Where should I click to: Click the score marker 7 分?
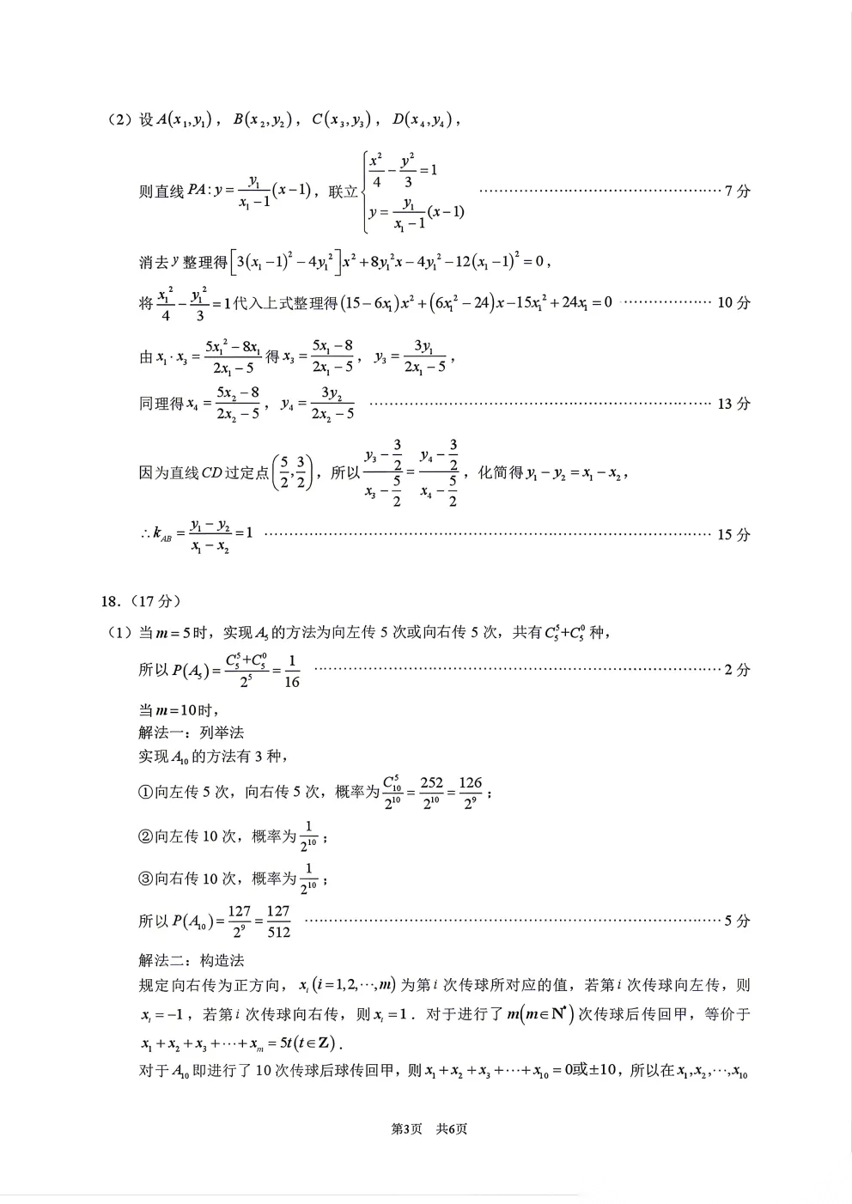pyautogui.click(x=737, y=191)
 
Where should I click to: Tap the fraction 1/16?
pyautogui.click(x=291, y=671)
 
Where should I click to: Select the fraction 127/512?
pyautogui.click(x=278, y=921)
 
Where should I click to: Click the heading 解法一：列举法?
pyautogui.click(x=191, y=733)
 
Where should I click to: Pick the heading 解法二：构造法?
pyautogui.click(x=191, y=960)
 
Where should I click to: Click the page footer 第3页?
pyautogui.click(x=406, y=1128)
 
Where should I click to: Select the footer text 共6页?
pyautogui.click(x=452, y=1128)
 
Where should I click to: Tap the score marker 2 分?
pyautogui.click(x=737, y=670)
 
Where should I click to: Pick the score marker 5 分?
pyautogui.click(x=737, y=921)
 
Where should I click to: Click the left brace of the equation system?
pyautogui.click(x=364, y=191)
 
